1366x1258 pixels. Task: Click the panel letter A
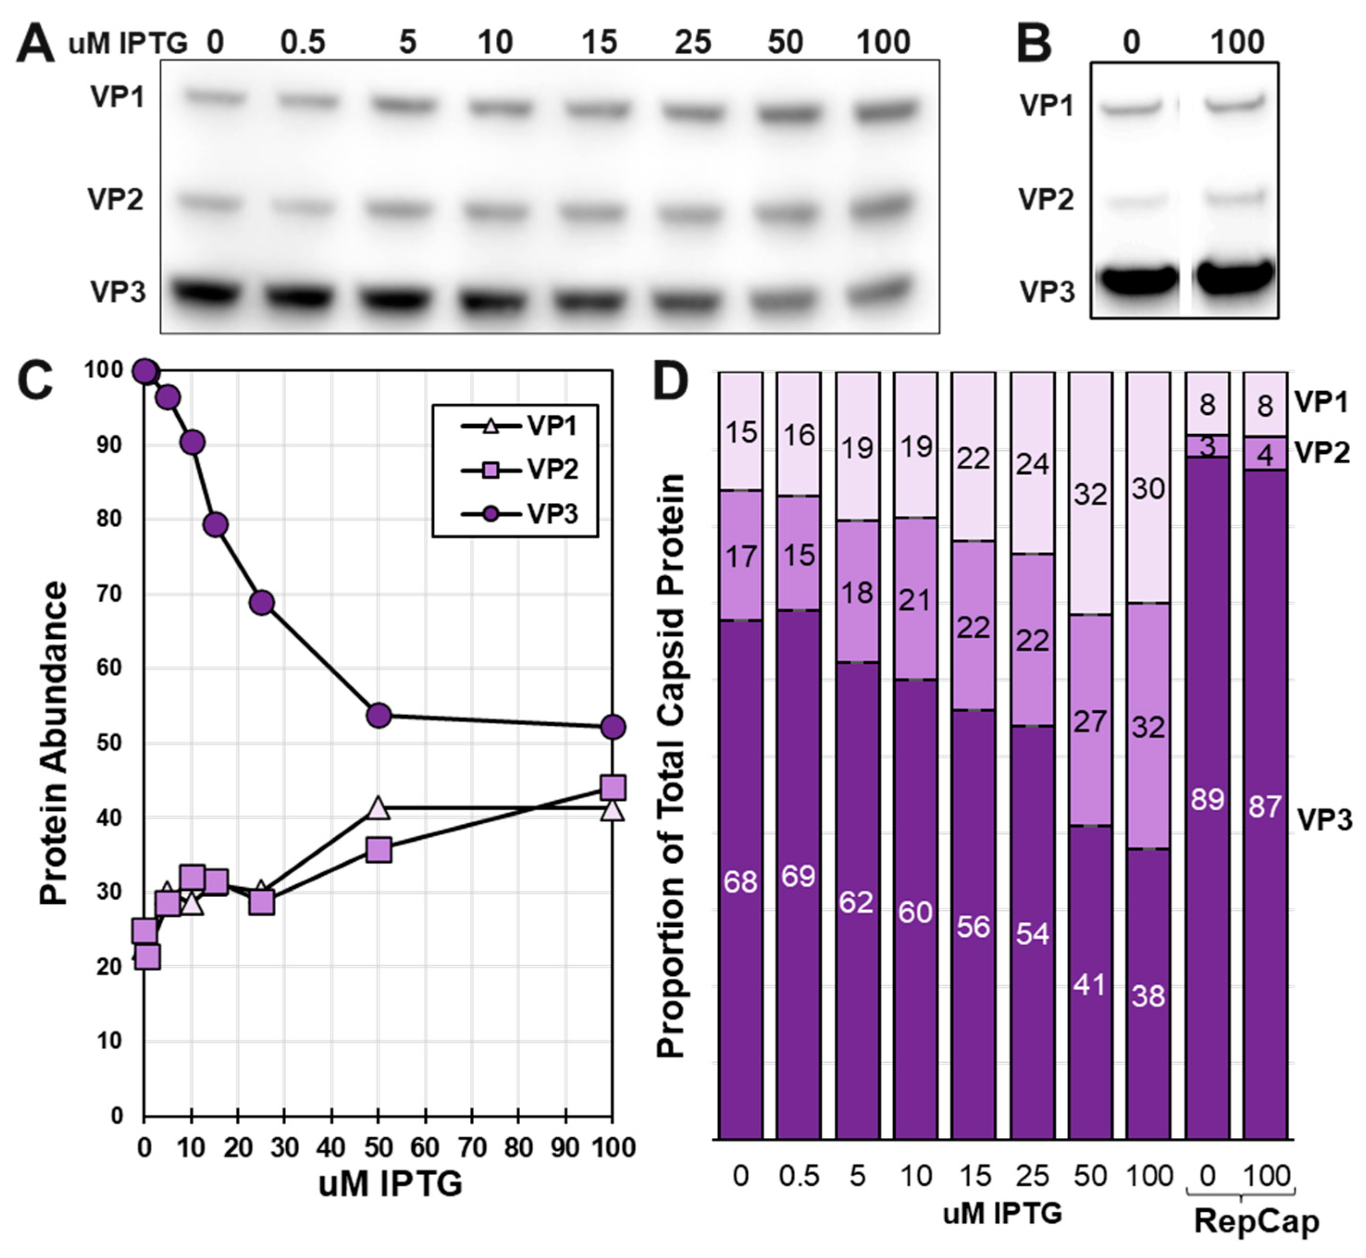click(x=36, y=45)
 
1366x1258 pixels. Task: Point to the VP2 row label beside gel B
click(x=1046, y=199)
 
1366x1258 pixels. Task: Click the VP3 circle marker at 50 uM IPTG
click(x=378, y=715)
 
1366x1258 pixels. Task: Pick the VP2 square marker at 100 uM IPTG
click(x=613, y=788)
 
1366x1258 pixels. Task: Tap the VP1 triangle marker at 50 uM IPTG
click(x=378, y=808)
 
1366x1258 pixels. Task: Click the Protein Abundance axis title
click(x=55, y=742)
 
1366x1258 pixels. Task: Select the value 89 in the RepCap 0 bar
click(x=1207, y=799)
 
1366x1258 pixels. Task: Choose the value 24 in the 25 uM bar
click(x=1032, y=464)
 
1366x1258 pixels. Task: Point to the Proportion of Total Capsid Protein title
click(x=671, y=766)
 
